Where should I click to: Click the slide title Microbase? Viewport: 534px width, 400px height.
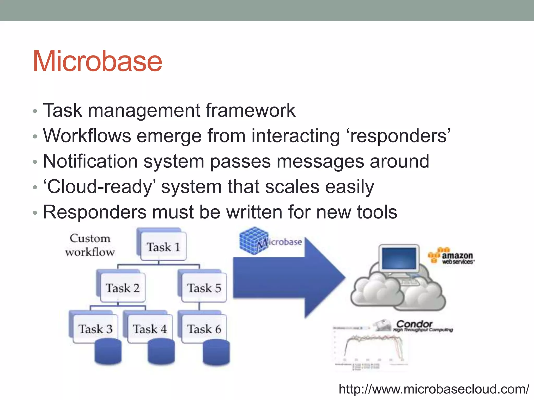click(x=97, y=61)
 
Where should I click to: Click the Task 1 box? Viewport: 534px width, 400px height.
click(x=163, y=247)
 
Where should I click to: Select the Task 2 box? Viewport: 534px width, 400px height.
click(x=123, y=288)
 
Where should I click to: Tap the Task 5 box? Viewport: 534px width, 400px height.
click(x=204, y=288)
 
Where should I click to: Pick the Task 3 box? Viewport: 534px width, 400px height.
click(x=95, y=329)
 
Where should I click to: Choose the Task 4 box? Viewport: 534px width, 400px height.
click(x=150, y=329)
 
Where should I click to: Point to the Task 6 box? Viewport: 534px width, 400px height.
click(x=204, y=329)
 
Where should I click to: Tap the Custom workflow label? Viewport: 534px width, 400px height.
click(x=90, y=245)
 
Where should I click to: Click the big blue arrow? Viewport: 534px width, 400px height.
click(x=287, y=278)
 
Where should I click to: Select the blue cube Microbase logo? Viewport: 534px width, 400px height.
click(x=254, y=240)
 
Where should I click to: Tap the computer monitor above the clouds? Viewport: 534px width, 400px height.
click(x=399, y=258)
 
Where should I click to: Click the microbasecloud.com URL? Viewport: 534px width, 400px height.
click(x=434, y=389)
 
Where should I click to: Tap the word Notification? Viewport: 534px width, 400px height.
click(x=90, y=161)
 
